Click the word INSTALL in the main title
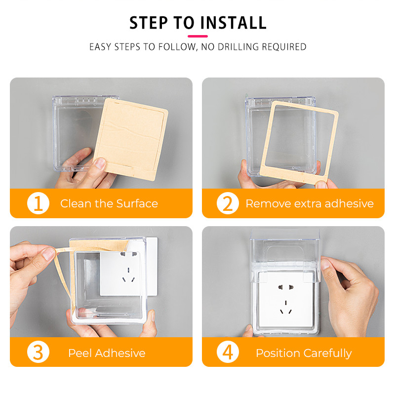(233, 23)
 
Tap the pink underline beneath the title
(198, 36)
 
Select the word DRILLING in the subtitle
(238, 47)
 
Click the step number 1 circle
(38, 203)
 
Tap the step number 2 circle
(228, 203)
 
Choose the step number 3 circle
(38, 352)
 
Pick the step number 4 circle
(228, 352)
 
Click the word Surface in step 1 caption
(137, 203)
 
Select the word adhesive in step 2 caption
(349, 203)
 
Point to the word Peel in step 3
(80, 353)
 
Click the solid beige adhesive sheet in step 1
(131, 139)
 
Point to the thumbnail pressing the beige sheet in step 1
(101, 163)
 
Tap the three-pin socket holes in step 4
(286, 307)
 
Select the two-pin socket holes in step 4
(286, 287)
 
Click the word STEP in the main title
(149, 23)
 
